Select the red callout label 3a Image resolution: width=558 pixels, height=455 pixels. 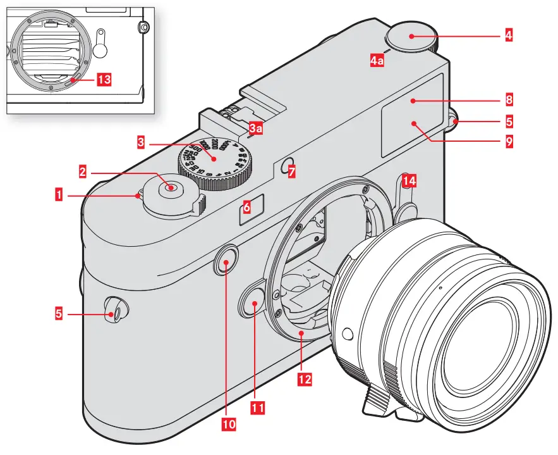pos(256,129)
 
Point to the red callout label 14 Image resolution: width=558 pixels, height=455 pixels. pos(409,182)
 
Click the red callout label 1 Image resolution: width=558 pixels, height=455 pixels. pos(59,196)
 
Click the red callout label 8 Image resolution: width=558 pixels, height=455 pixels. pos(509,99)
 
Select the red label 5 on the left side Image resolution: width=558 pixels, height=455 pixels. pos(59,312)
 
